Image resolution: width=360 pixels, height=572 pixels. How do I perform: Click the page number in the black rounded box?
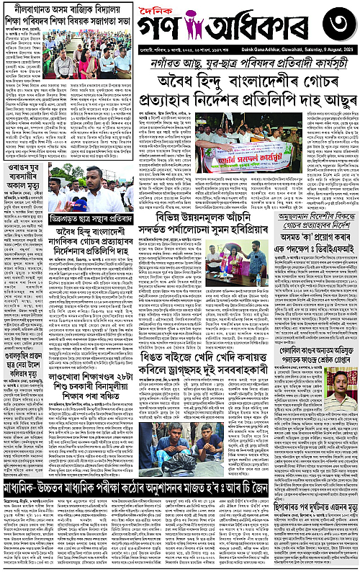336,25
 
